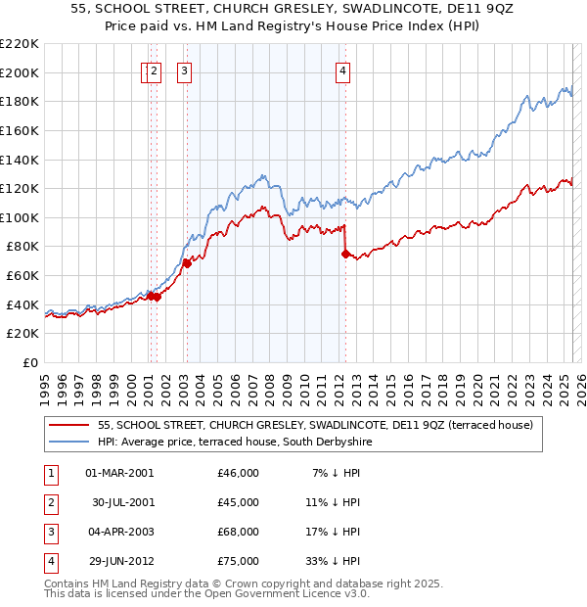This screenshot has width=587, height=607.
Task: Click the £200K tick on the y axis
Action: (x=20, y=72)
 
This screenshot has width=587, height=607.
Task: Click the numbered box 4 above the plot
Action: (x=343, y=70)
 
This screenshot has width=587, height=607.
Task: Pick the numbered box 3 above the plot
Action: (x=184, y=70)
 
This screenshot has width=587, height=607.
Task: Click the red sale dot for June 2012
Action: (x=344, y=254)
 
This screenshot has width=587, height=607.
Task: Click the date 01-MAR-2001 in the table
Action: (x=119, y=473)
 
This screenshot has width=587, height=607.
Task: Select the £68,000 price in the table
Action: (x=239, y=532)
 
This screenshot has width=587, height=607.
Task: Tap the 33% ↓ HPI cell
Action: (x=335, y=561)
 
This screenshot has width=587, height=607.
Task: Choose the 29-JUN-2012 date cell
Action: (x=119, y=561)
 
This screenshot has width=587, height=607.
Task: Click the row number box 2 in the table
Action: (x=49, y=502)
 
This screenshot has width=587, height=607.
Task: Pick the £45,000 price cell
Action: (x=239, y=502)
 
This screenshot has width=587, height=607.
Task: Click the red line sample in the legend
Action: (x=68, y=426)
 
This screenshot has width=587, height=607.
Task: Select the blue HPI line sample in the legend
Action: (x=68, y=443)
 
